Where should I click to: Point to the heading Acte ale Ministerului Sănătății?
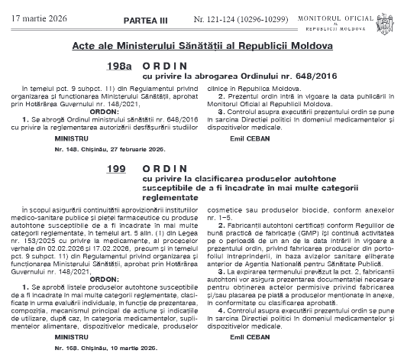(202, 46)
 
